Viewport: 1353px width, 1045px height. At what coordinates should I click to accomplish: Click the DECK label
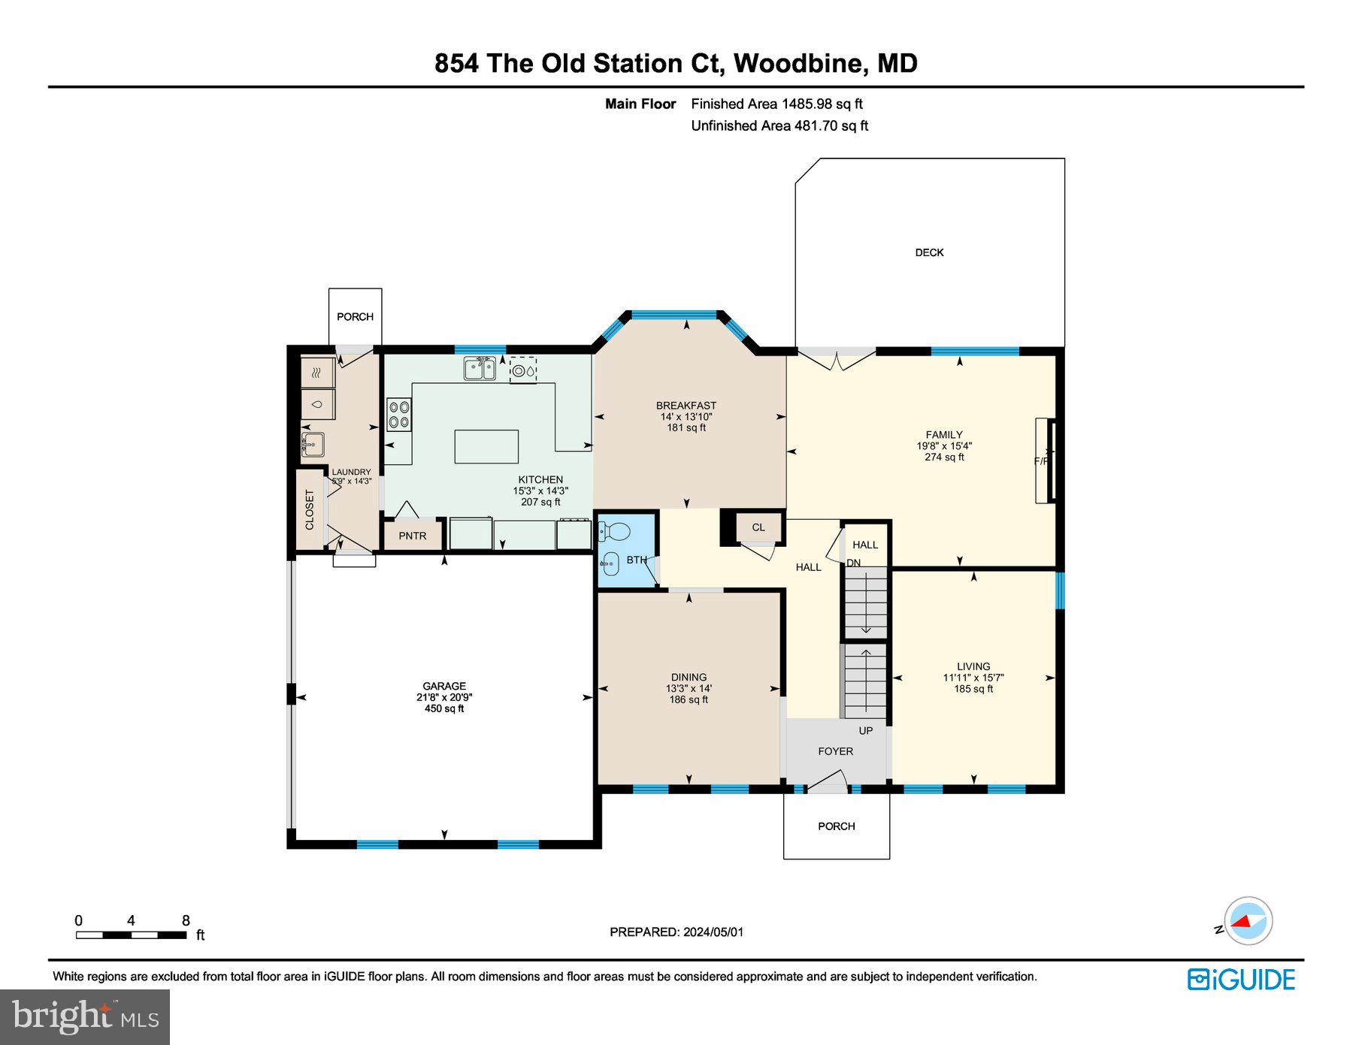929,252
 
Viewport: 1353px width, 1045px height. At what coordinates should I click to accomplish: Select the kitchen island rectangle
486,446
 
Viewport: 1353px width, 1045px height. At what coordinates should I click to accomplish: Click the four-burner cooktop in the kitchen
399,415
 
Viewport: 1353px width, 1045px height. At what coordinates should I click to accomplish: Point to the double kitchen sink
479,369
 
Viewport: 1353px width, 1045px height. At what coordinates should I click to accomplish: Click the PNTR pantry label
412,536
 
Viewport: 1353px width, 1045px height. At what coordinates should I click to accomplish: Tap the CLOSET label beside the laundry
309,510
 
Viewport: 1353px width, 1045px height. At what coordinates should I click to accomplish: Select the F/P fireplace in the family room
1045,460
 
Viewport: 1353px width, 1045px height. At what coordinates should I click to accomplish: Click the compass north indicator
1247,921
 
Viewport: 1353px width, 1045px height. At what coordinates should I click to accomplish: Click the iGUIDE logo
1241,980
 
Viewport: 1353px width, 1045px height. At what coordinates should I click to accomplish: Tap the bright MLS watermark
85,1016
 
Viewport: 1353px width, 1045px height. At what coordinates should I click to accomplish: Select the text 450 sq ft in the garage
444,708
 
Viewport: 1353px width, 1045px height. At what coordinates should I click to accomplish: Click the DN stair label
853,563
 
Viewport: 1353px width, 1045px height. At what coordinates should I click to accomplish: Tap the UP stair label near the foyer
865,730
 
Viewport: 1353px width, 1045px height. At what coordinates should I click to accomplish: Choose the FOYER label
835,751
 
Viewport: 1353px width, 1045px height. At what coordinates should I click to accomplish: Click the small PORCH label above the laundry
355,316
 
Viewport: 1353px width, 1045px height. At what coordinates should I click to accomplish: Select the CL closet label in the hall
758,527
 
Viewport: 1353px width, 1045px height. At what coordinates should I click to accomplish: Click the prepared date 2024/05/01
713,932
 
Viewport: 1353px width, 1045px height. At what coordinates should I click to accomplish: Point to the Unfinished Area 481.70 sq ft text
779,125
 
